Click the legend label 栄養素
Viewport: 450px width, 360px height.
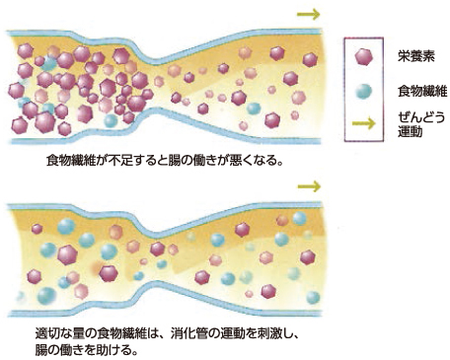pyautogui.click(x=415, y=56)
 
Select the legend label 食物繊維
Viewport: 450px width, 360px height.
pyautogui.click(x=422, y=91)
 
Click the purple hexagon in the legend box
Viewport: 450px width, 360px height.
pyautogui.click(x=364, y=57)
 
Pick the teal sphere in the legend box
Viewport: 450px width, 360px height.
pyautogui.click(x=363, y=91)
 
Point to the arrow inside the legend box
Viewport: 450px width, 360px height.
pyautogui.click(x=363, y=123)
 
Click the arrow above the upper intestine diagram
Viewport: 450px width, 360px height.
pyautogui.click(x=308, y=14)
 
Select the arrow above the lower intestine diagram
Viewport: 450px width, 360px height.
pyautogui.click(x=309, y=186)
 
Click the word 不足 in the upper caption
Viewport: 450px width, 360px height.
pyautogui.click(x=118, y=161)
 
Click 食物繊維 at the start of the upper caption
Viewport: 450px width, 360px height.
pyautogui.click(x=70, y=161)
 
